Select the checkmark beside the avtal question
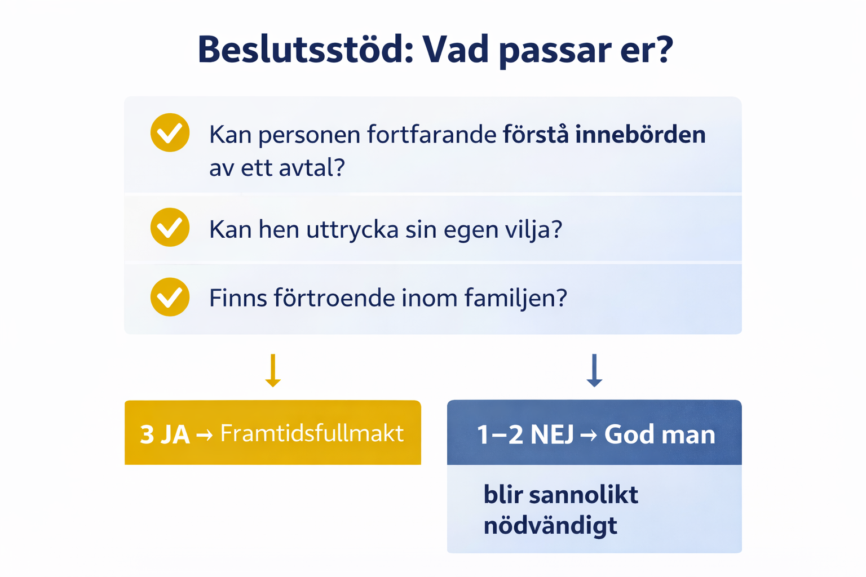170,132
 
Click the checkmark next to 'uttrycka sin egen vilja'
170,227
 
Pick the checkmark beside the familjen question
170,297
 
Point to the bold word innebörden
640,134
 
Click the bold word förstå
536,134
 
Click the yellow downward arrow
273,370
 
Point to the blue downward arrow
594,370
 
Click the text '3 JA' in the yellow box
165,434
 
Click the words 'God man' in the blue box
660,434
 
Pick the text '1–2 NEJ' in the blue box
525,434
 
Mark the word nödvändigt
550,526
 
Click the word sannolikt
584,494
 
